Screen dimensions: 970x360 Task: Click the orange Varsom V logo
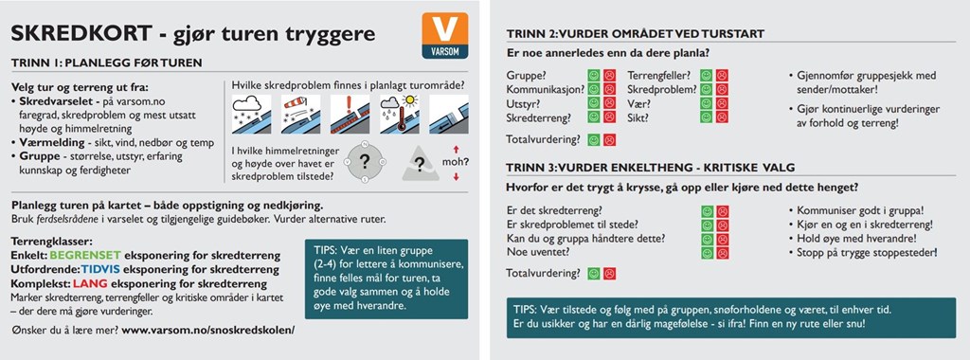[445, 35]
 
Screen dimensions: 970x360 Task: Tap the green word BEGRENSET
[85, 256]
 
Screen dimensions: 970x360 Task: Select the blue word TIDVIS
[100, 270]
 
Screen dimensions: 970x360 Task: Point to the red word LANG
[90, 284]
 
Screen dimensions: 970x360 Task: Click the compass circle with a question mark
[365, 161]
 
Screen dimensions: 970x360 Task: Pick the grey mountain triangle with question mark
[421, 163]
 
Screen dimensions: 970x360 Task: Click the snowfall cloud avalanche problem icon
[251, 115]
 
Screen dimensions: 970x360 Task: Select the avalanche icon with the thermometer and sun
[400, 115]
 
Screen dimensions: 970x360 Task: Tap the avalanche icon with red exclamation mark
[350, 115]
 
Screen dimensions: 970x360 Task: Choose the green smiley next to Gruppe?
[594, 76]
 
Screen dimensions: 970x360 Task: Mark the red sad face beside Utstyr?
[609, 102]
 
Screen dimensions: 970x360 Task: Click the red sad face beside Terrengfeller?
[722, 76]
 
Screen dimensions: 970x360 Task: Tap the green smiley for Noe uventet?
[707, 253]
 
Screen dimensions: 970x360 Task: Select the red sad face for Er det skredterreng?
[723, 211]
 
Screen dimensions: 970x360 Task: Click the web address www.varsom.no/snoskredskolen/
[207, 330]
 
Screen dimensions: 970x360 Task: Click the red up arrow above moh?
[456, 149]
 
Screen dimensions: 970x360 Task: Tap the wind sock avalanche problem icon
[300, 115]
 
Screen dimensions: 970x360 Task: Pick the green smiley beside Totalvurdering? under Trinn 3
[594, 274]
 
